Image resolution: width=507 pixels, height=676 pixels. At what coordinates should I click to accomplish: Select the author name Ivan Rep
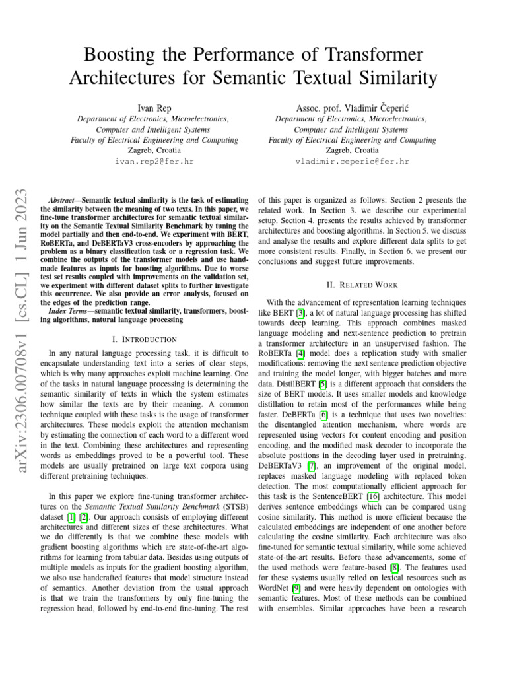tap(154, 107)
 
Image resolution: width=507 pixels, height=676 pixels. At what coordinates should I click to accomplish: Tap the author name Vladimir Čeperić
tap(374, 107)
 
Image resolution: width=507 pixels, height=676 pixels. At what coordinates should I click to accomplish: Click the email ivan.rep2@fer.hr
tap(154, 161)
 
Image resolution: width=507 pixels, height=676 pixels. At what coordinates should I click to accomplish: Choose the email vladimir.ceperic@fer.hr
tap(352, 161)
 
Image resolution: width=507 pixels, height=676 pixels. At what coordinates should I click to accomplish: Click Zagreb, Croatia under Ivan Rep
tap(154, 150)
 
